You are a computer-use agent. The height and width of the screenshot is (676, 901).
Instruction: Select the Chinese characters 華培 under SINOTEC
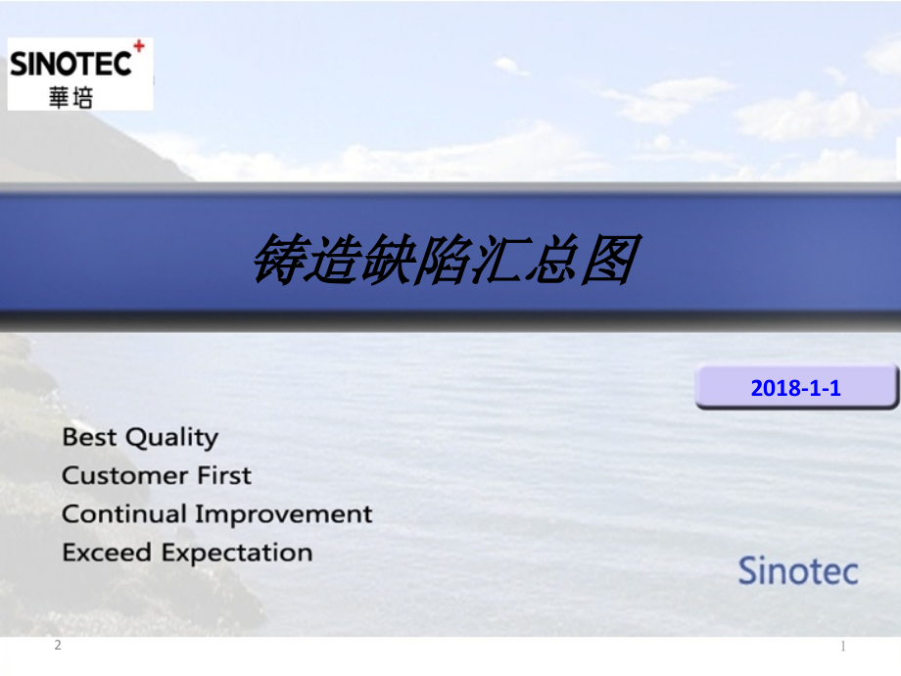pyautogui.click(x=71, y=96)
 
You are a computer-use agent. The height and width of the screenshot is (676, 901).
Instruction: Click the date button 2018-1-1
pyautogui.click(x=795, y=388)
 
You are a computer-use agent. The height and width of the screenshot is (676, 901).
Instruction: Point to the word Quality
pyautogui.click(x=172, y=438)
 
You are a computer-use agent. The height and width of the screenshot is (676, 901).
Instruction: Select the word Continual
pyautogui.click(x=124, y=514)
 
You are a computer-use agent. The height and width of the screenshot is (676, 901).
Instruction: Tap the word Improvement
pyautogui.click(x=283, y=514)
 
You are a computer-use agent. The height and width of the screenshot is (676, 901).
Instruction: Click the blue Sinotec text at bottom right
pyautogui.click(x=797, y=570)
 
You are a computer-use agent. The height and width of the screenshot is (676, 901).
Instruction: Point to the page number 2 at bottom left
pyautogui.click(x=58, y=645)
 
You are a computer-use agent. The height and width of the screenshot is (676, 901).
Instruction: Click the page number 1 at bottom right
pyautogui.click(x=843, y=646)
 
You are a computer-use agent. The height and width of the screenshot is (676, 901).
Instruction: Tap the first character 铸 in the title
pyautogui.click(x=279, y=261)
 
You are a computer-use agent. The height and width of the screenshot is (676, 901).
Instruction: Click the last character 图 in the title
pyautogui.click(x=610, y=261)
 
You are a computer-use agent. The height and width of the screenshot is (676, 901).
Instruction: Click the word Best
pyautogui.click(x=88, y=437)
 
